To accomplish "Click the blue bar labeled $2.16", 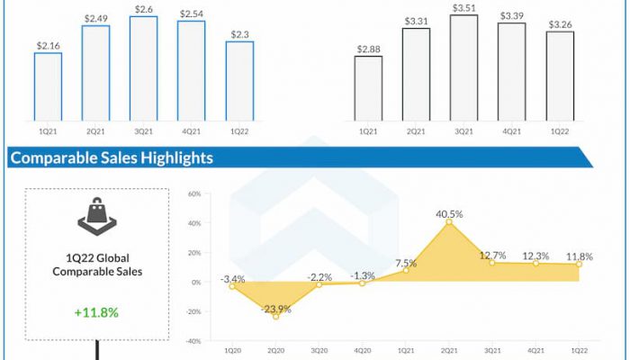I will (48, 86).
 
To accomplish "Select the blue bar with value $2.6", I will (143, 68).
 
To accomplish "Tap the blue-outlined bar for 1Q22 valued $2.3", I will (239, 81).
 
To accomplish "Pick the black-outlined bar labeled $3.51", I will (463, 68).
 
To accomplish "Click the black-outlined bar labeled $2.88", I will (368, 88).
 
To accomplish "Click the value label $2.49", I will (95, 18).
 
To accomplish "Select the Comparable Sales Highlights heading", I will (112, 158).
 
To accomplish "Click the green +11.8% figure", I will (96, 312).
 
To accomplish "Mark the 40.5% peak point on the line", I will (448, 221).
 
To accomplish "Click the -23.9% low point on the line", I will (275, 316).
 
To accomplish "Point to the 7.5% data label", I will (405, 263).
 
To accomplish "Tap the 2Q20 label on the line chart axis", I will (275, 351).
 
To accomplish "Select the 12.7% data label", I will (492, 255).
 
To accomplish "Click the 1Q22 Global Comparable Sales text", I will (95, 264).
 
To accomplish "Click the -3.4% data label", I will (232, 278).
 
